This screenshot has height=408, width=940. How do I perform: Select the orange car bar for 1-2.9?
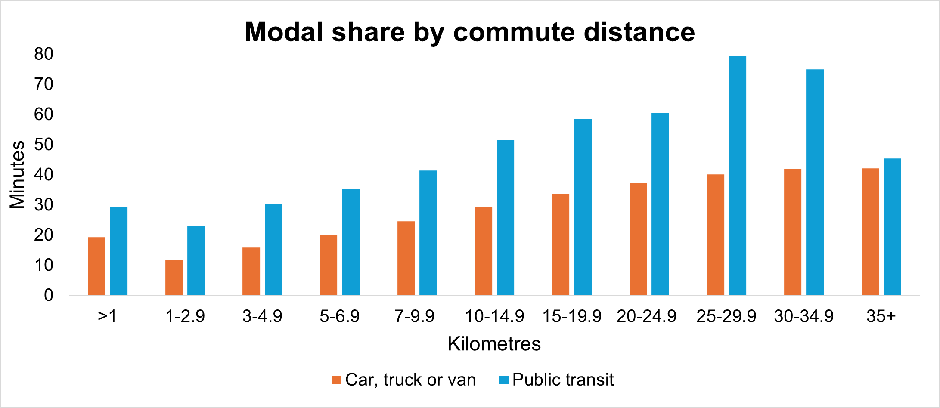(174, 278)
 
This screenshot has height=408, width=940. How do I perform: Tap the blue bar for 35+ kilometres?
(892, 227)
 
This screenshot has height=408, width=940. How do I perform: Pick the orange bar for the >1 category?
(96, 266)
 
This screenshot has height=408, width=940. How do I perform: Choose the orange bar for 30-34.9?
(792, 232)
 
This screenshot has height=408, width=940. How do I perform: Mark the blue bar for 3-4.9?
(273, 249)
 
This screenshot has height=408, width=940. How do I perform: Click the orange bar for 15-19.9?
(561, 244)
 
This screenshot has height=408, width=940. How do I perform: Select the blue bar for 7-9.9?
(428, 233)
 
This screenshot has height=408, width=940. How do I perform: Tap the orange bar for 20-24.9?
(638, 239)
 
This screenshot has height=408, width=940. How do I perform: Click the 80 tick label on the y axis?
(44, 54)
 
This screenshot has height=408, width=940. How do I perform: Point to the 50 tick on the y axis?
(44, 145)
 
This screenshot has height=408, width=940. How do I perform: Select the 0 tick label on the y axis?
(49, 295)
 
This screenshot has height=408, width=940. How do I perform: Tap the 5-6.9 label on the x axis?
(340, 317)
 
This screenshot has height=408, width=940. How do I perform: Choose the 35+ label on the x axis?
(881, 317)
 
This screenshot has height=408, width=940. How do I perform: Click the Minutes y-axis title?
(18, 175)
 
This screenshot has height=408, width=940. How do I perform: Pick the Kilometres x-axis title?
(494, 344)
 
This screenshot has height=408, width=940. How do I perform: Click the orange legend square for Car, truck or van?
(337, 380)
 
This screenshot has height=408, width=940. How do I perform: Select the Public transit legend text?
(563, 380)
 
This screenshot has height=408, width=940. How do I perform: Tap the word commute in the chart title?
(514, 32)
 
